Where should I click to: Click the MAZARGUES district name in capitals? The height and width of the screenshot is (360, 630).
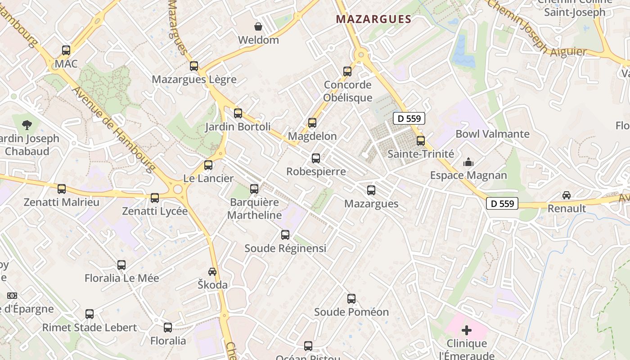373,19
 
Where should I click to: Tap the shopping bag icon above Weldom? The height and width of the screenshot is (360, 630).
258,27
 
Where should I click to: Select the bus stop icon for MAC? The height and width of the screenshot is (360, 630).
66,50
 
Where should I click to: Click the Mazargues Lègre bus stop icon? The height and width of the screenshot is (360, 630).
194,66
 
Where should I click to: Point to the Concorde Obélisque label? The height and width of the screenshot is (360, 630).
348,91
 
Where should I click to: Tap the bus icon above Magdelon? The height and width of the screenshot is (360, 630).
312,123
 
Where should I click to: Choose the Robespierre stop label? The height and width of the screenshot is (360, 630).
316,171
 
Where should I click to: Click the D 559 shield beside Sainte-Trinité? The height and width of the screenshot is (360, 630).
409,119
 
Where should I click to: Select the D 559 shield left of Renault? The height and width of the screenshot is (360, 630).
502,203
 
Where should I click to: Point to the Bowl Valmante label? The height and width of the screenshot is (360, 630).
492,134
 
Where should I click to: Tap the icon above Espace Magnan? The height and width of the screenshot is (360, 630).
468,162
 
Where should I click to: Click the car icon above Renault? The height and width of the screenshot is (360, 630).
567,195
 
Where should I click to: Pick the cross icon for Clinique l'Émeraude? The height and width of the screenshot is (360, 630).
467,331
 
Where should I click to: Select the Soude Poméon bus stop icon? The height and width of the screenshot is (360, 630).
351,299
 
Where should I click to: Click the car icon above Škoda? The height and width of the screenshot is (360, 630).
212,272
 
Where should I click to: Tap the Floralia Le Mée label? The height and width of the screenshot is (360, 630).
122,278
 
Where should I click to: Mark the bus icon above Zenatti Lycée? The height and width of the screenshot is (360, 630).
155,198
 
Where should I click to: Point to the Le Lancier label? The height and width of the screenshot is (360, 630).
208,178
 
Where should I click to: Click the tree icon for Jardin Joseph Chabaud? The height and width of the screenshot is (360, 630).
27,125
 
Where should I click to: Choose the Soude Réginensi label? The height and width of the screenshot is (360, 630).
285,248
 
